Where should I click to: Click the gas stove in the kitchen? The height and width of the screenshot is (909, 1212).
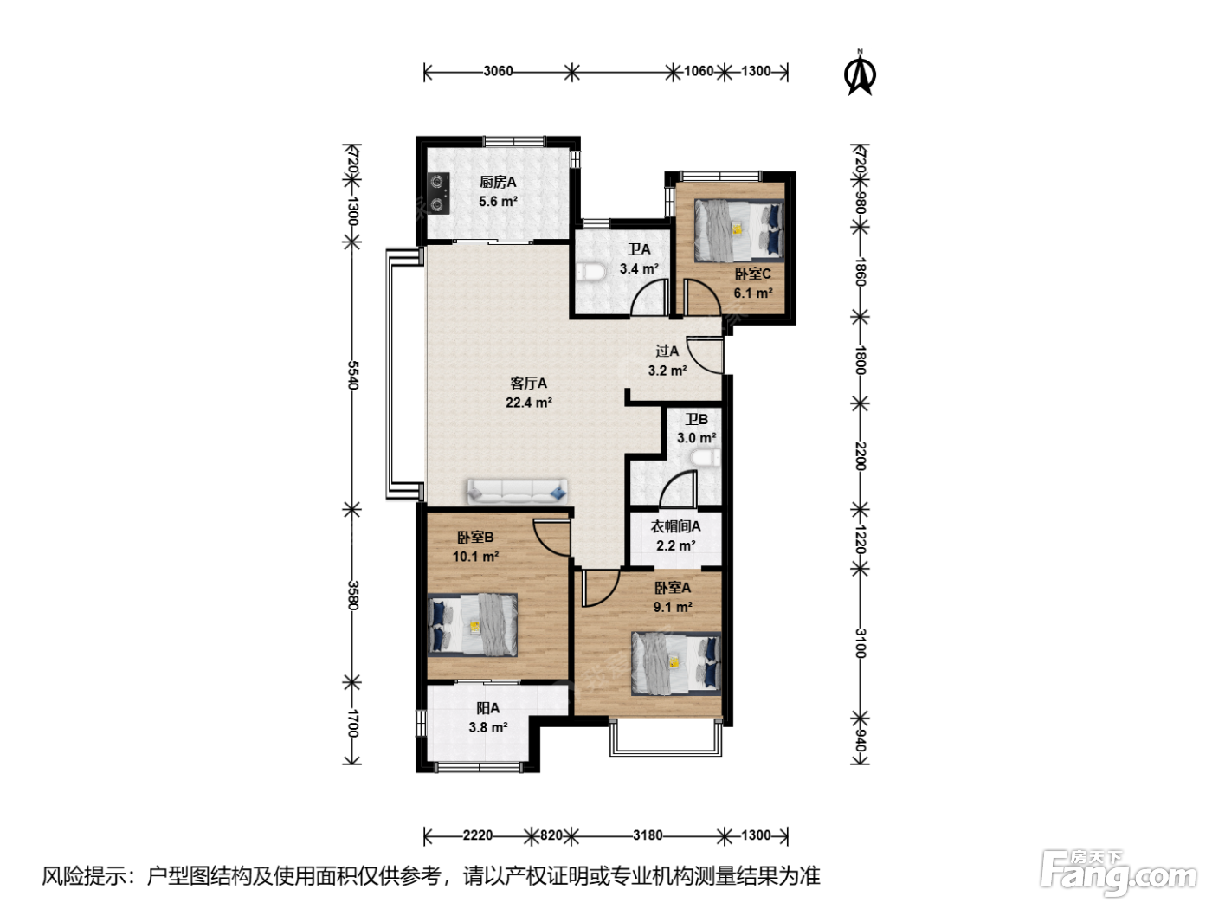[x=438, y=193]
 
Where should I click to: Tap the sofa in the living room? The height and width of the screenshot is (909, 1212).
[x=518, y=491]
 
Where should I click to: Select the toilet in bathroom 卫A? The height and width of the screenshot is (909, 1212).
[x=584, y=273]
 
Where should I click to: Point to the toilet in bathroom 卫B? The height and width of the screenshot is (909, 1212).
[x=705, y=459]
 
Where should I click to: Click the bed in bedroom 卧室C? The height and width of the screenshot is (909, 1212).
[x=739, y=229]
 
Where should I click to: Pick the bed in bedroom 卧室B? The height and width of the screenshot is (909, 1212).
[x=473, y=625]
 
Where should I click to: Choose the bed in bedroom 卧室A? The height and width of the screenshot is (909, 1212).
[x=676, y=663]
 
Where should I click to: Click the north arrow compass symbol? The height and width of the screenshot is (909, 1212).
[x=860, y=74]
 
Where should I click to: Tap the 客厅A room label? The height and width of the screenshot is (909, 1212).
[x=528, y=383]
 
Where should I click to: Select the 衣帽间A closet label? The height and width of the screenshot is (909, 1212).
[x=675, y=526]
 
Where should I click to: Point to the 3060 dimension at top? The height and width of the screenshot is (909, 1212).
[x=498, y=71]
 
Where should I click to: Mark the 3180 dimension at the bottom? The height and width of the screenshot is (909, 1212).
[x=648, y=835]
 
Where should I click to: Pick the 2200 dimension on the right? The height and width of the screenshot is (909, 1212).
[x=861, y=456]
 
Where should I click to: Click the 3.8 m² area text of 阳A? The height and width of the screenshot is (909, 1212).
[x=488, y=727]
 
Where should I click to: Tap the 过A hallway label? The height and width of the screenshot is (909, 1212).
[x=667, y=351]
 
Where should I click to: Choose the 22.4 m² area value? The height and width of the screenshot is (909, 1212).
[x=529, y=403]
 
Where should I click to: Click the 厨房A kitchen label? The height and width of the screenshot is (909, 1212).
[x=498, y=182]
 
